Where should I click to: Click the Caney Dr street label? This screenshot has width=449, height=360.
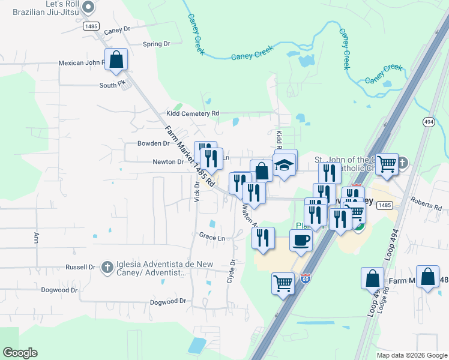116,30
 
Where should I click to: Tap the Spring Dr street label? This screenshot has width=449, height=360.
157,44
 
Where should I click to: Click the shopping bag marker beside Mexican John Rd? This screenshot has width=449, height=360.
116,60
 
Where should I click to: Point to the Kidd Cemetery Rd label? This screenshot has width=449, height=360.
193,113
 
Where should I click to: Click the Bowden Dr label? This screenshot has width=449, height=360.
153,143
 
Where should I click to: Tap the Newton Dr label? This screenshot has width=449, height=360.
167,161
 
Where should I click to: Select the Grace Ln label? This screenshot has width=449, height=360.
212,238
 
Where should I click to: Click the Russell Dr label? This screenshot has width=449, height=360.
81,267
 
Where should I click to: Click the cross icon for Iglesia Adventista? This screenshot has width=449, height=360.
107,267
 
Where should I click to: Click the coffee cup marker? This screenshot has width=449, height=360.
301,241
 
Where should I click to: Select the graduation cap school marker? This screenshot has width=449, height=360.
284,164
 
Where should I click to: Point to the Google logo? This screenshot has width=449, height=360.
20,353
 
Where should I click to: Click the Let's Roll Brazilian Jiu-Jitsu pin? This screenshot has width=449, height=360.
88,8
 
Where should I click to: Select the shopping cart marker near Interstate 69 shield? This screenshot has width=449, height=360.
283,283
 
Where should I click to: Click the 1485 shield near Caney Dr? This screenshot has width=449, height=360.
91,26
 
